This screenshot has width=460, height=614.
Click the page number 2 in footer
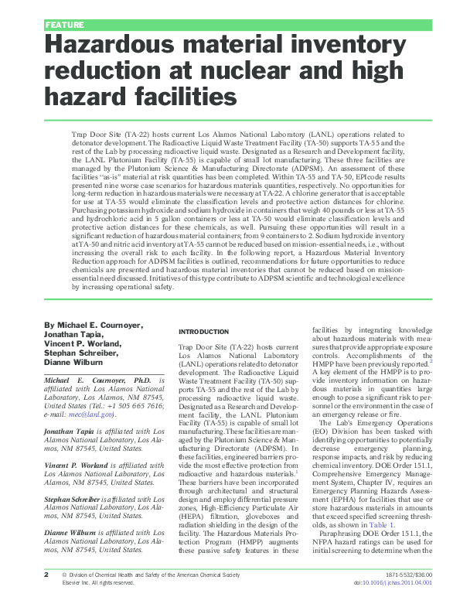coord(46,597)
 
